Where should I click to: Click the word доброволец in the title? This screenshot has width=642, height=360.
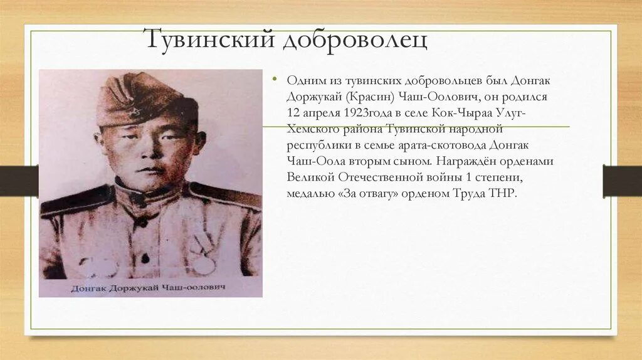(x=355, y=40)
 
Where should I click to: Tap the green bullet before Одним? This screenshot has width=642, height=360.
(x=274, y=80)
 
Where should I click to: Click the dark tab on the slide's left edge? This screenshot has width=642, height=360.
(x=19, y=181)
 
